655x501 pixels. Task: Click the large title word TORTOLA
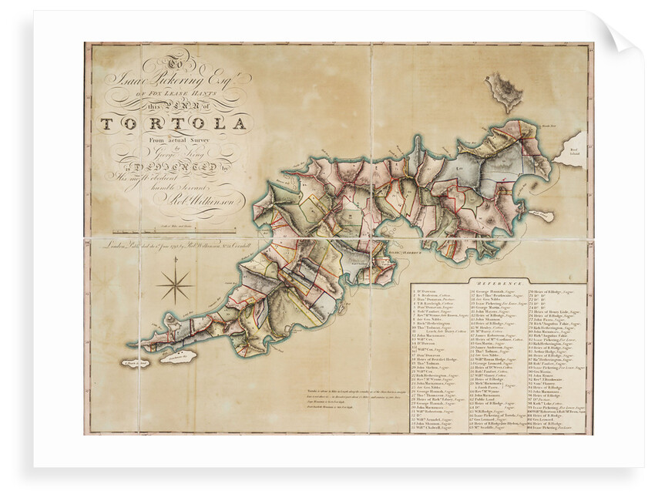(176, 123)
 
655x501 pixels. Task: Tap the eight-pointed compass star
(176, 286)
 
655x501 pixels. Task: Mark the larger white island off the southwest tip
(178, 357)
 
